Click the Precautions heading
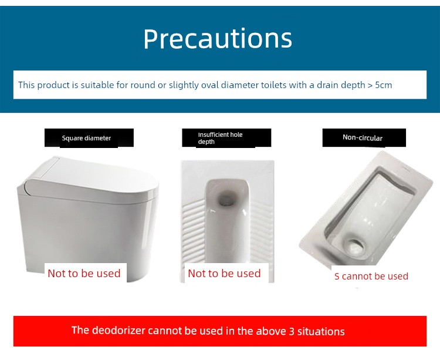click(x=218, y=39)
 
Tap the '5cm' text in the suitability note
click(x=383, y=85)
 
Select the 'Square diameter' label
click(x=86, y=138)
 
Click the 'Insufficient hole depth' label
click(x=220, y=138)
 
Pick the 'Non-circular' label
click(x=363, y=137)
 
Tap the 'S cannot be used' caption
click(x=371, y=277)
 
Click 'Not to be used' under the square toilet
click(x=84, y=273)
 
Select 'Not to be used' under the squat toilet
click(x=224, y=273)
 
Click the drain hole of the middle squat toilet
click(x=226, y=198)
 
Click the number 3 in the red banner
click(x=292, y=331)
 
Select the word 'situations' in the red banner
click(x=321, y=331)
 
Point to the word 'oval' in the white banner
click(x=210, y=85)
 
